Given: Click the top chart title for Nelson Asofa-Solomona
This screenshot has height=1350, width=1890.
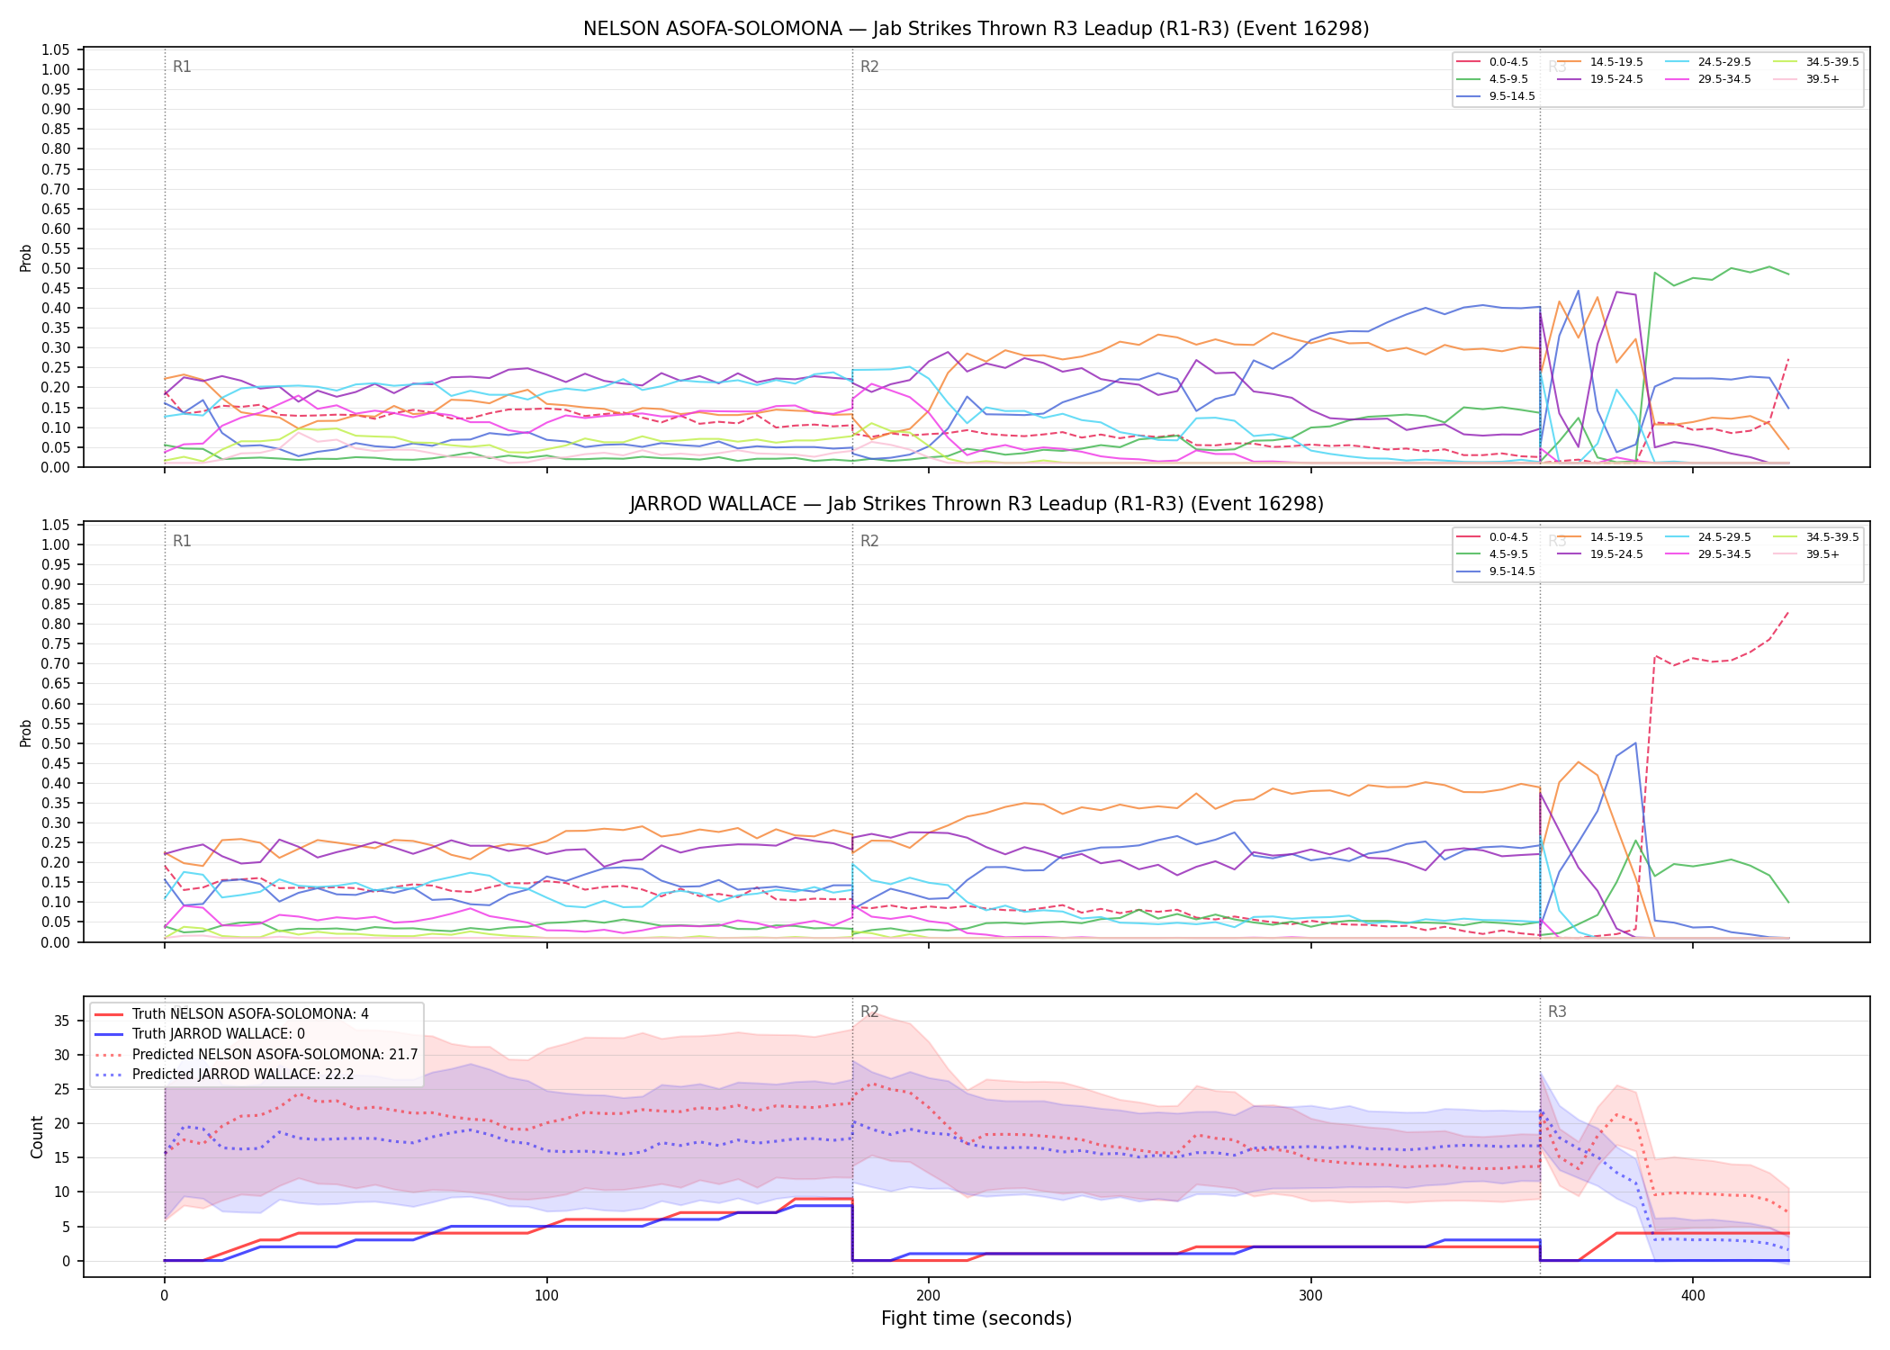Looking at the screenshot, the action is [x=976, y=29].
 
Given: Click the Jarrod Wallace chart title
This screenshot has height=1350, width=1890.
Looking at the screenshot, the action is [x=976, y=504].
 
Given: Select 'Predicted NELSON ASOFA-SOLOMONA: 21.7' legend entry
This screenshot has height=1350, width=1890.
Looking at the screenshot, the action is [x=256, y=1054].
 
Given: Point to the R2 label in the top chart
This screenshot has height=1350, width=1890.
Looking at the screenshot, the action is [x=869, y=67].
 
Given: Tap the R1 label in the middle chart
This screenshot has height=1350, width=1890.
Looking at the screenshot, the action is [x=182, y=541].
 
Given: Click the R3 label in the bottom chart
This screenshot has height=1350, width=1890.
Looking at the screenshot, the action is [x=1557, y=1012].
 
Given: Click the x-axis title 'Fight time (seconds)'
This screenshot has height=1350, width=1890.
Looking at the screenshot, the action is [x=976, y=1318].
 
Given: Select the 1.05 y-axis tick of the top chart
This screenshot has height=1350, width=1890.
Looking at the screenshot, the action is [x=56, y=49].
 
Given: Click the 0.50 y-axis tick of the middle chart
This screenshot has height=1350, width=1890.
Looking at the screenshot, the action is [x=56, y=743].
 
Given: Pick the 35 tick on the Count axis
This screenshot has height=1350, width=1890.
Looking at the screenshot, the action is [x=62, y=1021].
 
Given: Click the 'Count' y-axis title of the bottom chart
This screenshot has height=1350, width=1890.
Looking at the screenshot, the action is [x=37, y=1137].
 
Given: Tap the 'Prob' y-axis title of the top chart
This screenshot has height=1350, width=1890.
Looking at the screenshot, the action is [x=26, y=258].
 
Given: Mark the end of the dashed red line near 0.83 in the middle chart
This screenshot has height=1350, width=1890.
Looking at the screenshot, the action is [x=1788, y=611].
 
